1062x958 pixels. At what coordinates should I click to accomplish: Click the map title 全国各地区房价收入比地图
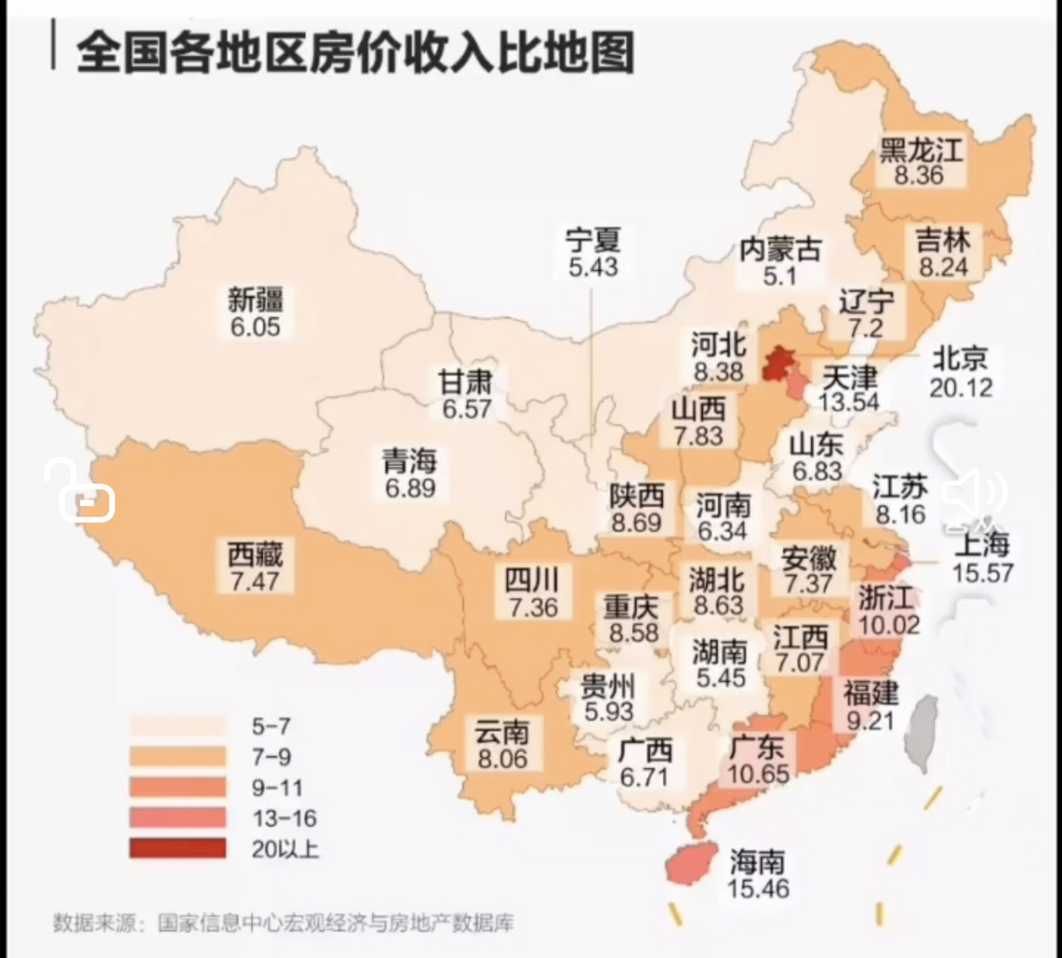[x=355, y=52]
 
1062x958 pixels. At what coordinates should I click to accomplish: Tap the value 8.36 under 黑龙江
[x=919, y=176]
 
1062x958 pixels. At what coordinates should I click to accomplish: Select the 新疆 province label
[x=255, y=300]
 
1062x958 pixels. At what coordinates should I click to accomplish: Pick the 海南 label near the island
[x=757, y=863]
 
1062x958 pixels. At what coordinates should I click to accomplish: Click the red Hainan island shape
[x=687, y=865]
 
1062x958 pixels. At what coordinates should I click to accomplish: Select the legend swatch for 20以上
[x=177, y=849]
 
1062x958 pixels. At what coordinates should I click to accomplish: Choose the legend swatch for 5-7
[x=177, y=726]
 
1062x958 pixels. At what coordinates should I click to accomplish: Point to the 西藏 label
[x=255, y=555]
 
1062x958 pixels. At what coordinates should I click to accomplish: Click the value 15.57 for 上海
[x=983, y=573]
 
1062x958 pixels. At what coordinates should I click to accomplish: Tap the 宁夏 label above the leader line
[x=592, y=241]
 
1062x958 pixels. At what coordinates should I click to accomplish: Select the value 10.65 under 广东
[x=758, y=774]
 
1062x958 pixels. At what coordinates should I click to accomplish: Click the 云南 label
[x=502, y=732]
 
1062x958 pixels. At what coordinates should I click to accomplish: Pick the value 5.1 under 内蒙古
[x=780, y=277]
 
